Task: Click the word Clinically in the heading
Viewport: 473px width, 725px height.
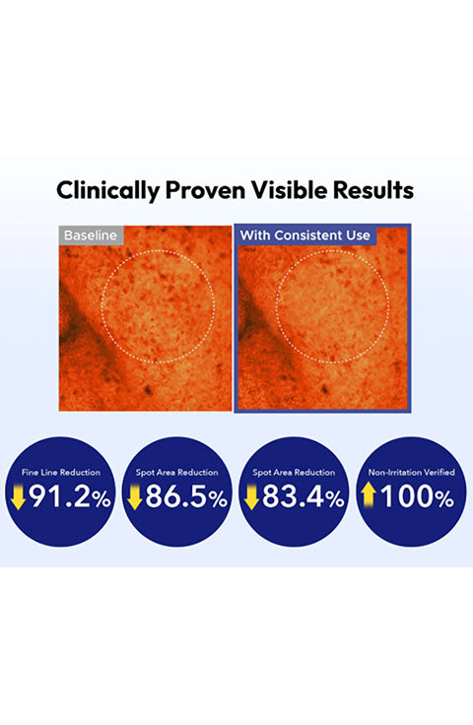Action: point(108,190)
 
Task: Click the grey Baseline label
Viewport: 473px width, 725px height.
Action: point(91,235)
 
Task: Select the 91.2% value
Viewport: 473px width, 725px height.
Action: point(70,497)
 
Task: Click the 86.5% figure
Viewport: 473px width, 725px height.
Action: point(186,497)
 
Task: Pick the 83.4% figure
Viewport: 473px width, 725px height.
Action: point(304,497)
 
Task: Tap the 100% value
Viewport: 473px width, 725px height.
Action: point(417,497)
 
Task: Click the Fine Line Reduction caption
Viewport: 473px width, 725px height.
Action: point(61,472)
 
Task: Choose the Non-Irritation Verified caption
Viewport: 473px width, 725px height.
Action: point(412,472)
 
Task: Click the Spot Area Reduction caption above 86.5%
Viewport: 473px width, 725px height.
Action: point(177,472)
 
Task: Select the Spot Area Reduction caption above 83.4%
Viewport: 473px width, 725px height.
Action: point(294,472)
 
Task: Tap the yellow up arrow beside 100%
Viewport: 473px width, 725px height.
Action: point(369,494)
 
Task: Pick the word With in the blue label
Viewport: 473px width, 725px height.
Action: point(255,235)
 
